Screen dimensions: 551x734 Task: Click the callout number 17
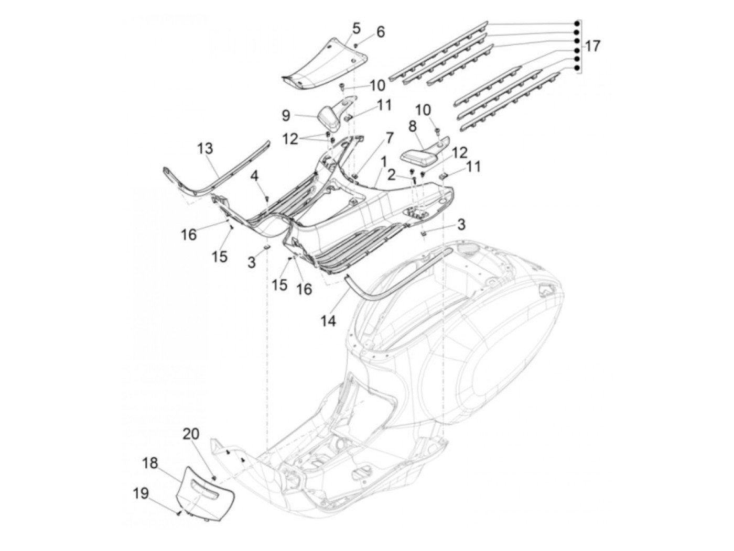[x=592, y=47]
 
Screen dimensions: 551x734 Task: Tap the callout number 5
[x=357, y=27]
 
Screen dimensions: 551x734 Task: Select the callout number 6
[x=380, y=32]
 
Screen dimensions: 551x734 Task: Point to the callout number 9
[x=300, y=114]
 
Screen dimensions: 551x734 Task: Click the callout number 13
[x=205, y=149]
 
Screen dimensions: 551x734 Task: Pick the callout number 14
[x=328, y=321]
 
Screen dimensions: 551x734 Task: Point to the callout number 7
[x=389, y=138]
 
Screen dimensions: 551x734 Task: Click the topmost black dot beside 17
[x=576, y=24]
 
